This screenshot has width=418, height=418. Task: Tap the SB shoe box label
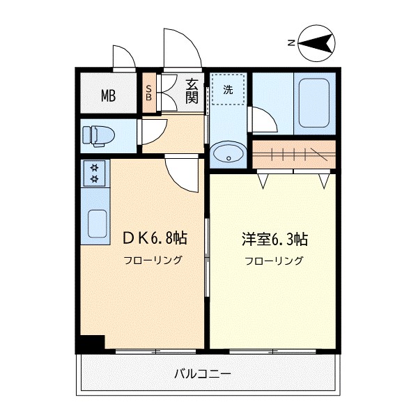(x=149, y=93)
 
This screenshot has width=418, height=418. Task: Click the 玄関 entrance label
(x=192, y=91)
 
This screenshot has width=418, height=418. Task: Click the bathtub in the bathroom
(x=313, y=103)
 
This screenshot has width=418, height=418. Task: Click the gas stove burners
(x=93, y=173)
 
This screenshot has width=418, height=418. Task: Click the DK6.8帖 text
(x=154, y=238)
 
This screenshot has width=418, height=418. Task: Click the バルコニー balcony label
(x=202, y=374)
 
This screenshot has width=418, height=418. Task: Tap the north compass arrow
(x=316, y=43)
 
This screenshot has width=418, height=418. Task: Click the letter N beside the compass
(x=291, y=43)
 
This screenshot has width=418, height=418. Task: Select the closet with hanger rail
(x=293, y=154)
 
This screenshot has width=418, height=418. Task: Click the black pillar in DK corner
(x=91, y=343)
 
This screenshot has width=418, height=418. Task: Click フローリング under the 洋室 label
(x=273, y=262)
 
